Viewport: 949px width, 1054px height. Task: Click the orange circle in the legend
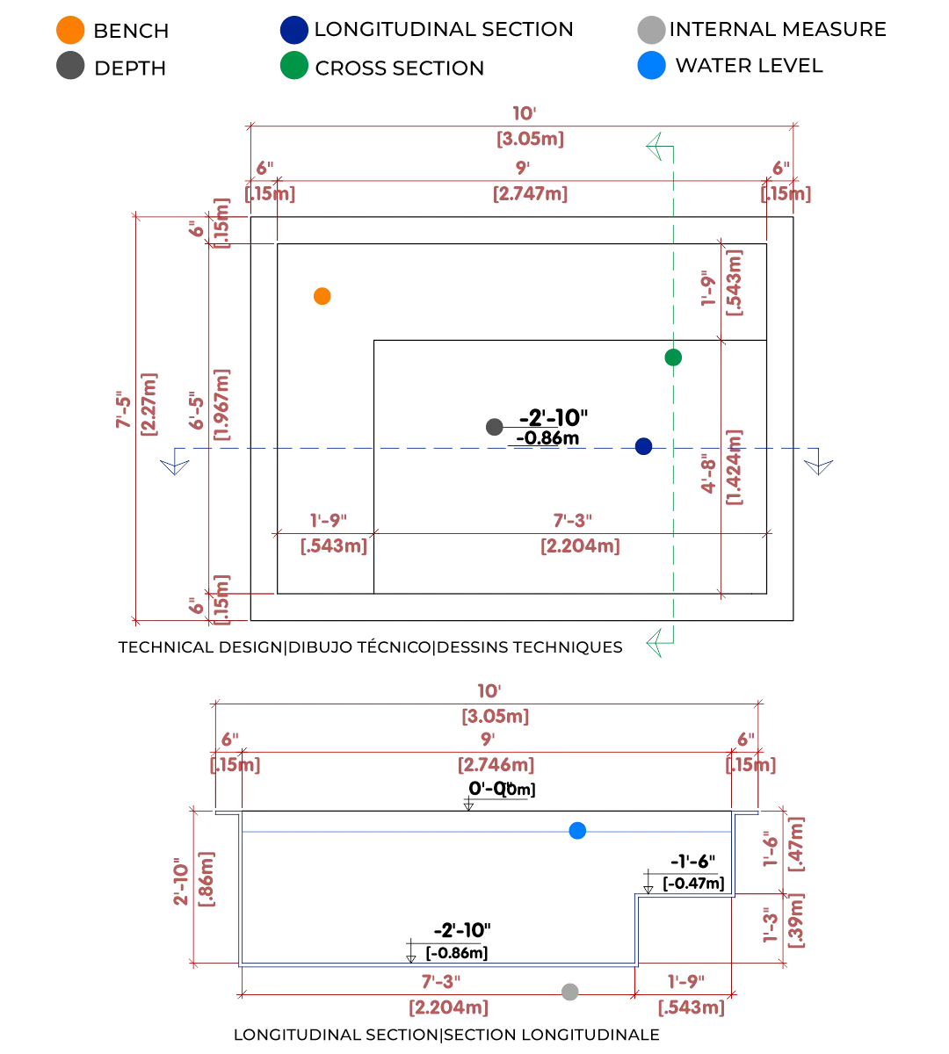[x=70, y=31]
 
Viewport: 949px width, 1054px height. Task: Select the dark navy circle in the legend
[x=292, y=31]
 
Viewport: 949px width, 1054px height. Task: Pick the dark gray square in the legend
[x=70, y=68]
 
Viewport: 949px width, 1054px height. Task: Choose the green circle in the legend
[x=292, y=68]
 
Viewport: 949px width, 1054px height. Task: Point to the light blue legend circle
[x=651, y=68]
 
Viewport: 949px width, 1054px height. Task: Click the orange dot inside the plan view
[x=322, y=296]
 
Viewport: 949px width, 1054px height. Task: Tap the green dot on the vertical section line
[x=672, y=357]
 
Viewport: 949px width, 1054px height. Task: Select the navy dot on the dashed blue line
[x=643, y=446]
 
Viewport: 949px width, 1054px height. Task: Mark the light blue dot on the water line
[x=577, y=830]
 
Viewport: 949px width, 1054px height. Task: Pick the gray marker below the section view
[x=569, y=990]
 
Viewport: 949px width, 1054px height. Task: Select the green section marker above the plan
[x=657, y=143]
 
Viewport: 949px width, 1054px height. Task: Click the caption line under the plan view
[x=369, y=647]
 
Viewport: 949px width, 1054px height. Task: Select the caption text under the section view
[x=446, y=1036]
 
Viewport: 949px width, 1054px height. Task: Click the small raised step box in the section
[x=684, y=929]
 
